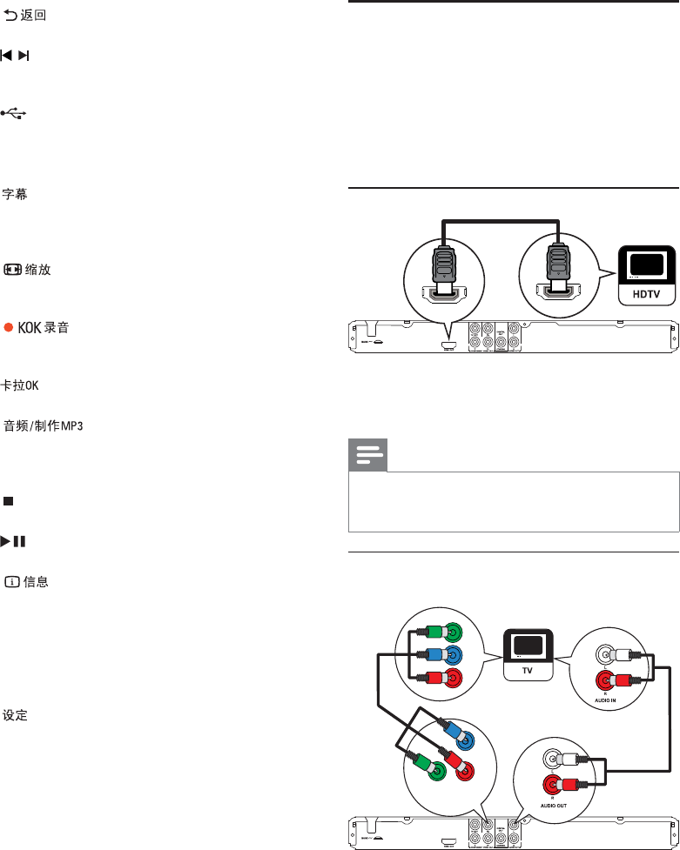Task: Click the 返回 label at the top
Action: pyautogui.click(x=33, y=16)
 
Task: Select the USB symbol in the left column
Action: pyautogui.click(x=14, y=113)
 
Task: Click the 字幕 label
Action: pyautogui.click(x=15, y=195)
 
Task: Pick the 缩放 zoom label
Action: pyautogui.click(x=38, y=270)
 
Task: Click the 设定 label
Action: pyautogui.click(x=15, y=716)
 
